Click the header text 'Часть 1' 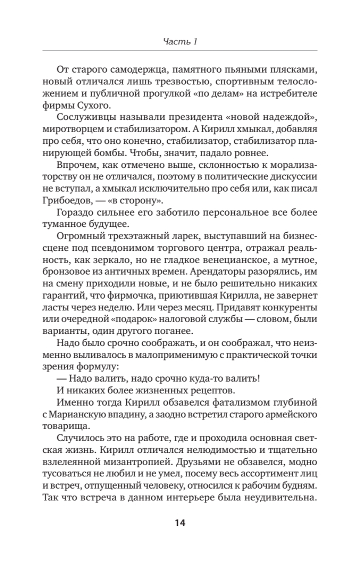(180, 42)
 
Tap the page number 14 (180, 522)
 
